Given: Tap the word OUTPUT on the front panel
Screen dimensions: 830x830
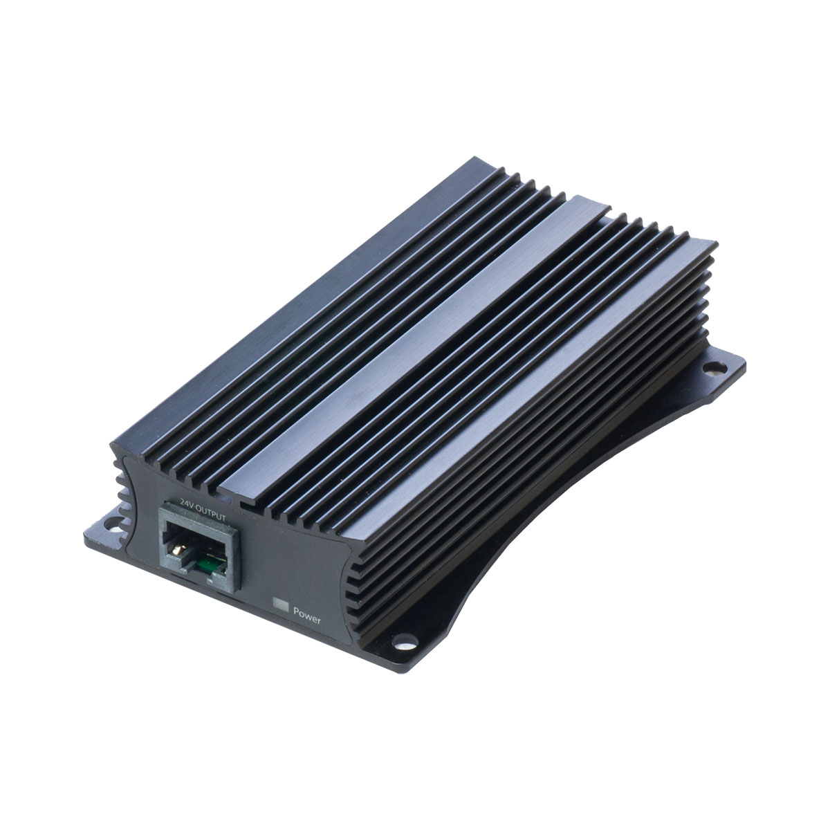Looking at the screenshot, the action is click(x=211, y=514).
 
